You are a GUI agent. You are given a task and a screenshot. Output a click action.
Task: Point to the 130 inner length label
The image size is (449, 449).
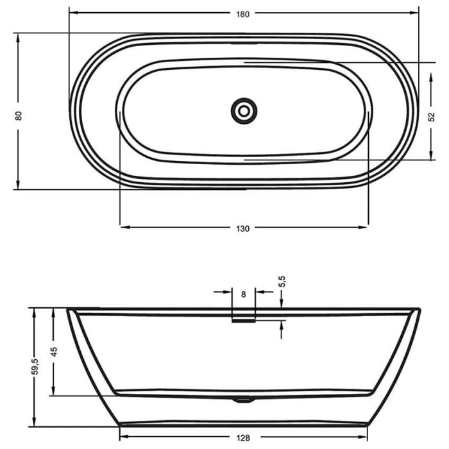click(x=243, y=228)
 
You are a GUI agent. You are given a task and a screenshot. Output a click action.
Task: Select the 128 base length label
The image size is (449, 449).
click(x=243, y=439)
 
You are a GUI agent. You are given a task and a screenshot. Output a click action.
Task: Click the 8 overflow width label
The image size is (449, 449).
click(x=243, y=294)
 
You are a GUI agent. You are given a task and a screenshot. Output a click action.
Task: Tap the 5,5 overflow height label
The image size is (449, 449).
click(x=282, y=281)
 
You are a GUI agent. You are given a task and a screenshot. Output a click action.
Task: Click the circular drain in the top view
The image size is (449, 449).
click(x=244, y=111)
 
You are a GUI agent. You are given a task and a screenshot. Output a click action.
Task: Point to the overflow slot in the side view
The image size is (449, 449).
click(x=243, y=321)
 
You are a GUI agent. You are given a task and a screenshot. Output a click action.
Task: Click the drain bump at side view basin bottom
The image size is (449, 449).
click(x=243, y=400)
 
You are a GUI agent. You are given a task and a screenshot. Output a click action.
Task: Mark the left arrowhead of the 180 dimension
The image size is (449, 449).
click(x=72, y=12)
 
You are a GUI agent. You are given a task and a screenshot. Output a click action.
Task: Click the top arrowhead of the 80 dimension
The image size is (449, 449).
click(x=19, y=37)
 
